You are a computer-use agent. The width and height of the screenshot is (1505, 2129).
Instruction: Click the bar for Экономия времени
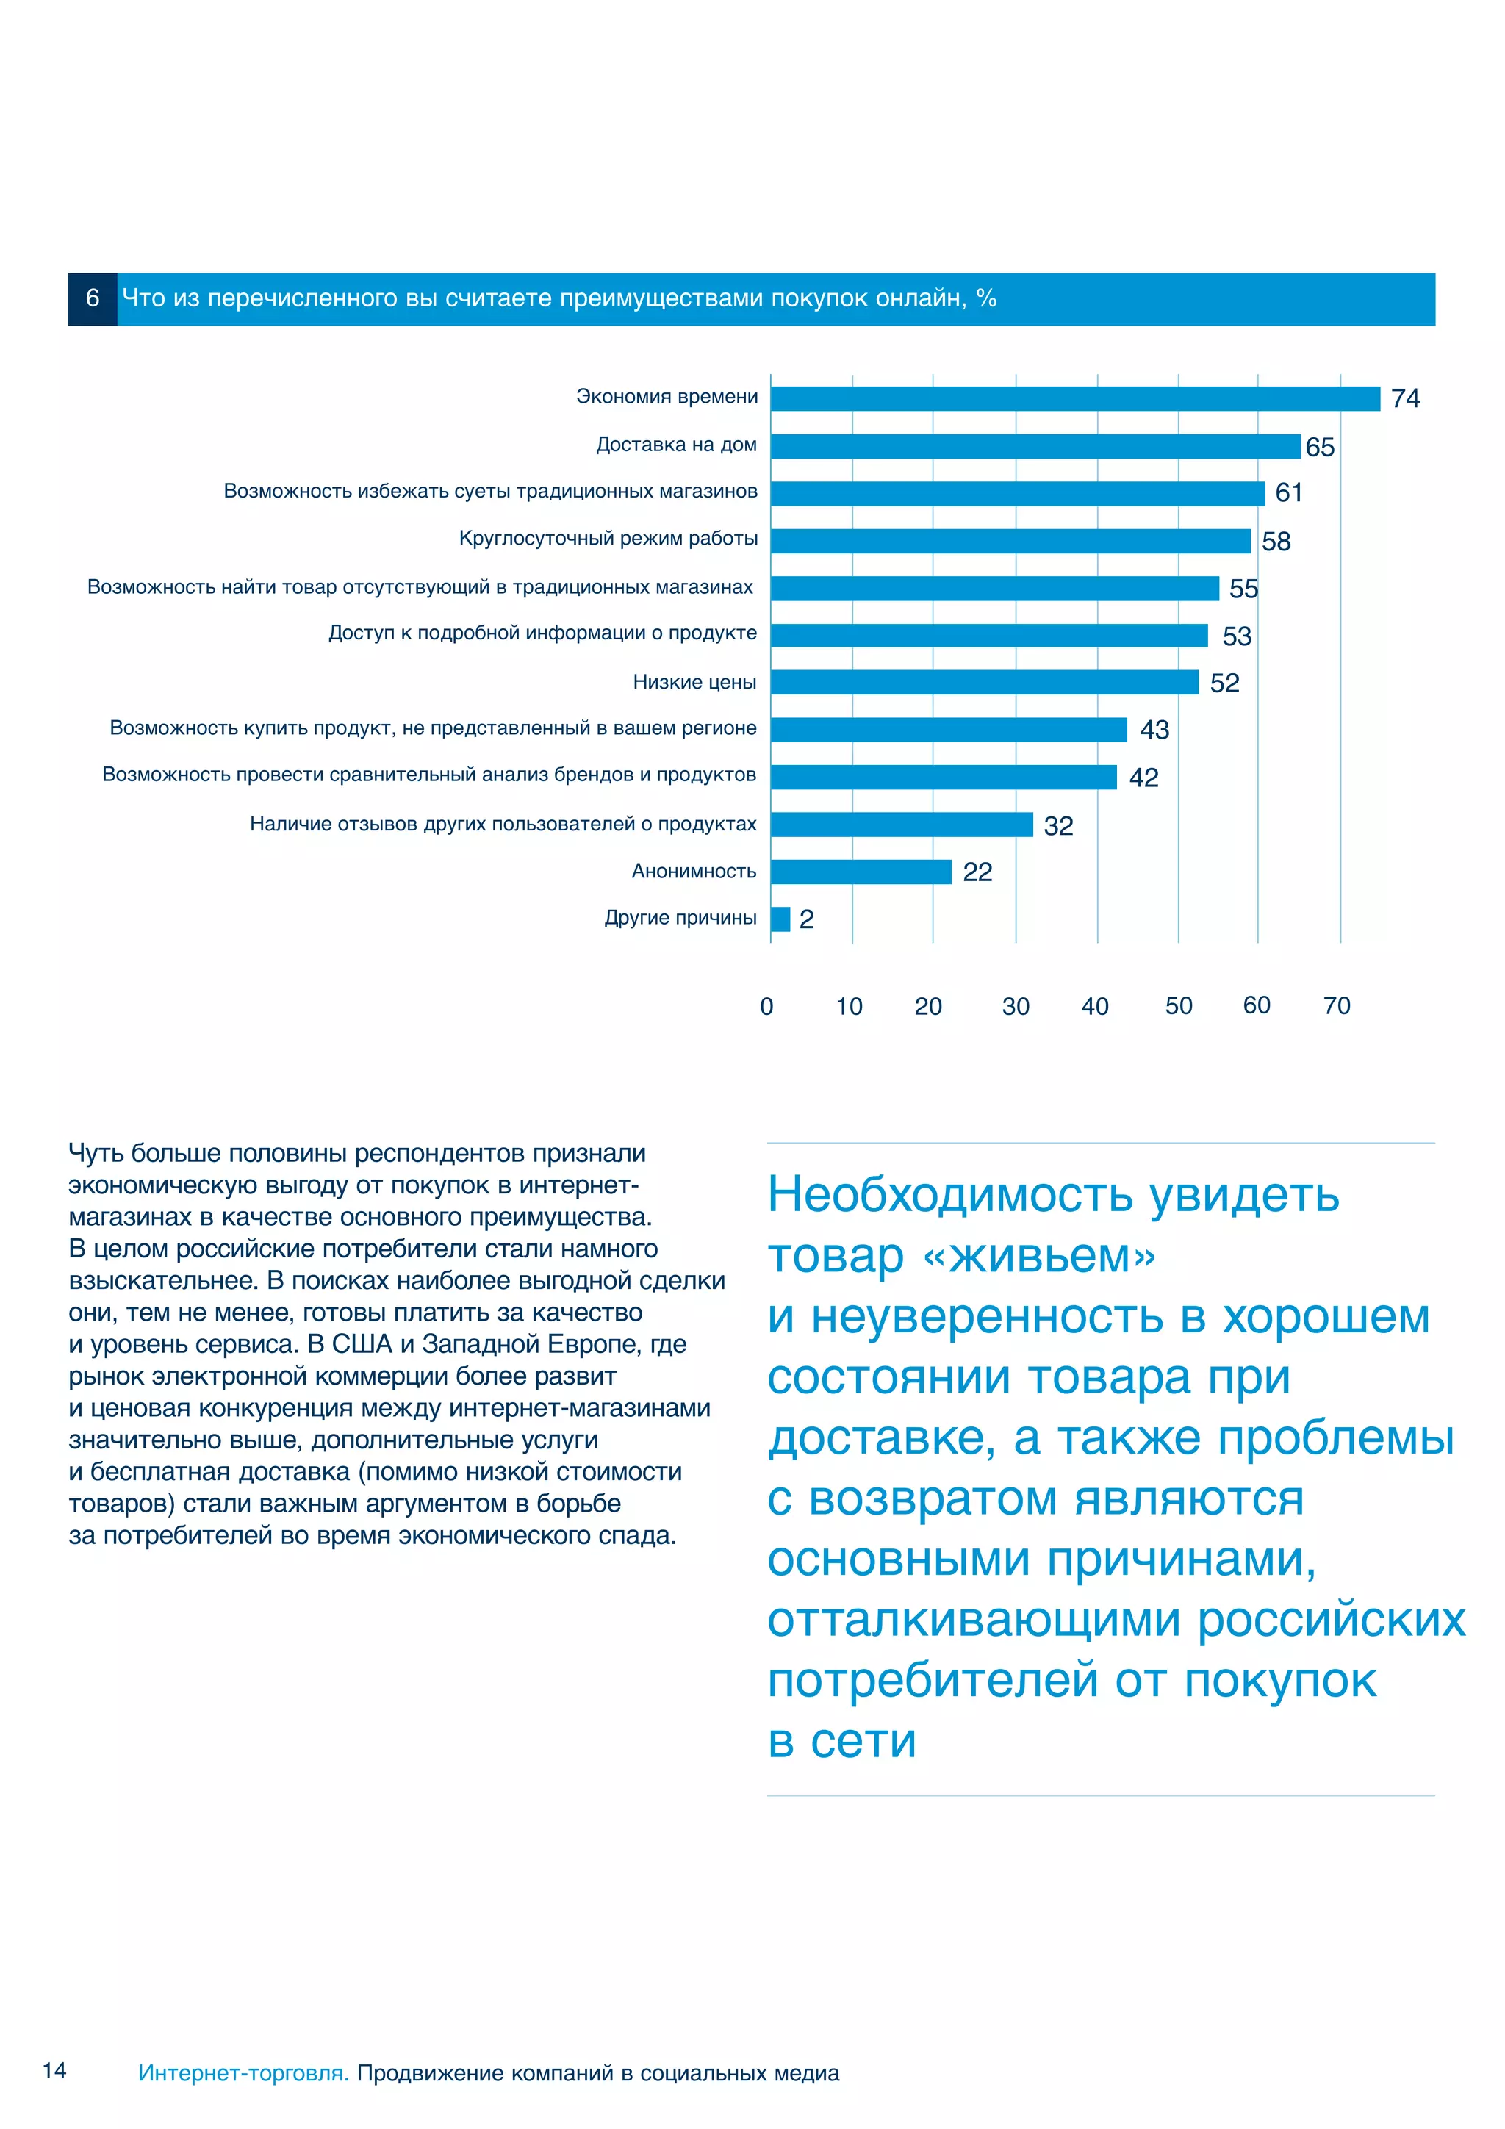[1074, 399]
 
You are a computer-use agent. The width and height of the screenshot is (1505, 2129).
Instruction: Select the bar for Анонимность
[861, 872]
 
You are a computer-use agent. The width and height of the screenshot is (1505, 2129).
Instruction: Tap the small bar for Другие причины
[780, 919]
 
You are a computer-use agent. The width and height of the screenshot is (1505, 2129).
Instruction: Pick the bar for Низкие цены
[984, 683]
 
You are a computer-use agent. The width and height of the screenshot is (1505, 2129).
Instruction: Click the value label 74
[1405, 399]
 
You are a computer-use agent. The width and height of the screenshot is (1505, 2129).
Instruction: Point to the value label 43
[1154, 730]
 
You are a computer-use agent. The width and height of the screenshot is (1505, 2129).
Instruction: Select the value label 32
[1058, 825]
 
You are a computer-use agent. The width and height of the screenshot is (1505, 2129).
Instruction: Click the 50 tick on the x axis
[1178, 1006]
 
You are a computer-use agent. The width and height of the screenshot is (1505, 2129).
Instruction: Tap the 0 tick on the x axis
[766, 1006]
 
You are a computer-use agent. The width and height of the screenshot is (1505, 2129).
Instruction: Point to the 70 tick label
[1336, 1006]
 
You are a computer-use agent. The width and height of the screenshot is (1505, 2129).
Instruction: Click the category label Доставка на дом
[676, 445]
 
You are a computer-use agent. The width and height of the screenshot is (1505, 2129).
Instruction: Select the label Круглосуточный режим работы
[608, 539]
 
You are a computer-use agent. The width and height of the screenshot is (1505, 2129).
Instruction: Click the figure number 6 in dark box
[93, 298]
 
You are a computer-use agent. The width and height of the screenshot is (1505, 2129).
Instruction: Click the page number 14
[54, 2069]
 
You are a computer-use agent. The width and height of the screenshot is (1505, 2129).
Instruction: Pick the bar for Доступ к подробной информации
[988, 635]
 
